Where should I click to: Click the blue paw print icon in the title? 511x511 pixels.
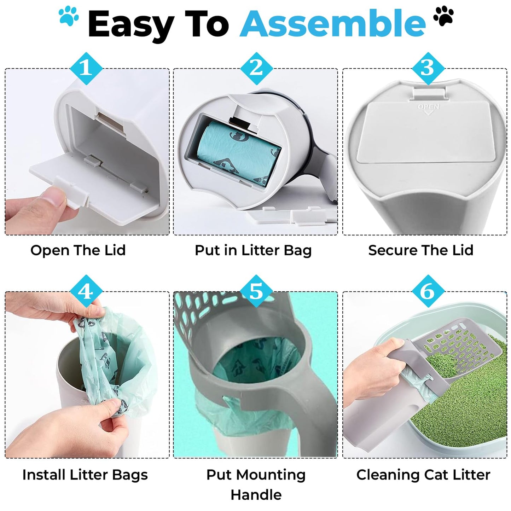pos(69,17)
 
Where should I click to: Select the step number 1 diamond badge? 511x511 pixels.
pos(86,68)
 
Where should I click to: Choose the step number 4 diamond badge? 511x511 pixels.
pos(86,291)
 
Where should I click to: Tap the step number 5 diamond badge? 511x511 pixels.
pos(256,291)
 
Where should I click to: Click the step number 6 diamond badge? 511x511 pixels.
pos(428,291)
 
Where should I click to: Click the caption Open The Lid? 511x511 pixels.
pos(78,250)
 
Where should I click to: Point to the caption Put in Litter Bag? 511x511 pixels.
pos(253,250)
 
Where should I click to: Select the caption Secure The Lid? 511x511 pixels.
pos(420,250)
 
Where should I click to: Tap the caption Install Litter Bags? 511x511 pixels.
pos(85,475)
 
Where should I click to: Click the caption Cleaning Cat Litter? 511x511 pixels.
pos(423,475)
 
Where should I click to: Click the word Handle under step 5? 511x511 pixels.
pos(256,495)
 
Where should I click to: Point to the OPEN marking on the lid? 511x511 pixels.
pos(428,107)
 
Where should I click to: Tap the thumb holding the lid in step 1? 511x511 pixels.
pos(53,198)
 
